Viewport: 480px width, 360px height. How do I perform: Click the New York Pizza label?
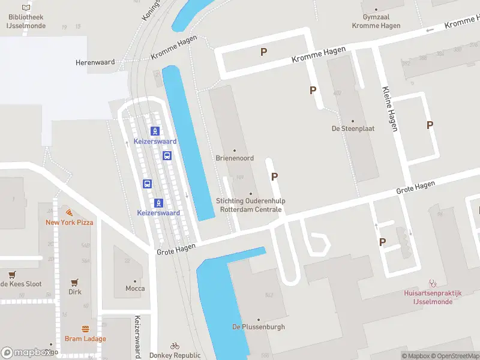tap(70, 223)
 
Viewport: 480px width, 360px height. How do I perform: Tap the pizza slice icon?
tap(70, 212)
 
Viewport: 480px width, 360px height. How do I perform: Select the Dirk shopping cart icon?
tap(75, 282)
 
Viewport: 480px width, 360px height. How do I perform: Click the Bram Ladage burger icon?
tap(85, 329)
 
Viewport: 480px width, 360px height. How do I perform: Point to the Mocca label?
tap(135, 289)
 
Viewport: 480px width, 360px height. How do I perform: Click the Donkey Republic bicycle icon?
tap(175, 346)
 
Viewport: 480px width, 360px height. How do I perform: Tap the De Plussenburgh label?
tap(259, 327)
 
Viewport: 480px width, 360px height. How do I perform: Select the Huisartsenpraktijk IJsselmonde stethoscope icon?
tap(433, 283)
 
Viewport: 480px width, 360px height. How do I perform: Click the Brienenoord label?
tap(235, 158)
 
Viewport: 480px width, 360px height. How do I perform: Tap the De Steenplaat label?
tap(352, 128)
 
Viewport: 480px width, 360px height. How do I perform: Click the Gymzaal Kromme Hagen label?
tap(377, 22)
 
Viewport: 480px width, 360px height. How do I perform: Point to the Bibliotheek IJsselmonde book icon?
tap(25, 7)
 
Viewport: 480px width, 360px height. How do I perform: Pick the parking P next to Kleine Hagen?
tap(430, 125)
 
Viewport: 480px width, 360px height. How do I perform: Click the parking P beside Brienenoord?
tap(275, 176)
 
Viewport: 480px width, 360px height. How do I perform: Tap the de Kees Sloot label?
tap(21, 284)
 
